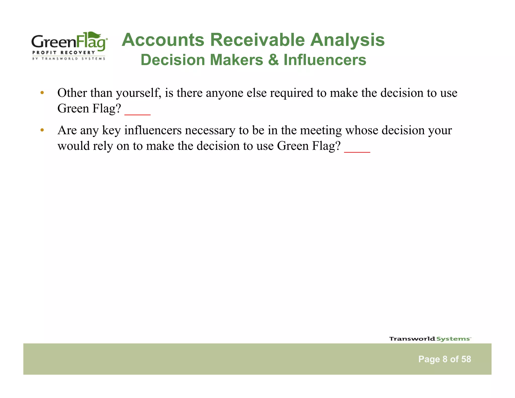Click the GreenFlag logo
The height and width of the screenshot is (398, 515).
[69, 46]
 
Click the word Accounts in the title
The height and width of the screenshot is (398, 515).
[163, 40]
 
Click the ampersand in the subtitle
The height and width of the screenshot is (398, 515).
[273, 60]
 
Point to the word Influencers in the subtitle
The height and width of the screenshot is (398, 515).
[325, 60]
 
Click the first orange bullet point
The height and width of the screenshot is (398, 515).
[42, 93]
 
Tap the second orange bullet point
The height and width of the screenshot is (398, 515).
[42, 130]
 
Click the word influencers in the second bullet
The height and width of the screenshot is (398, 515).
[153, 130]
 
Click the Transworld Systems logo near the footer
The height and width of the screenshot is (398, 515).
[430, 339]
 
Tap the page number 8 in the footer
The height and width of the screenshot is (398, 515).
[445, 359]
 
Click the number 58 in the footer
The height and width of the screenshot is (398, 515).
[466, 359]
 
